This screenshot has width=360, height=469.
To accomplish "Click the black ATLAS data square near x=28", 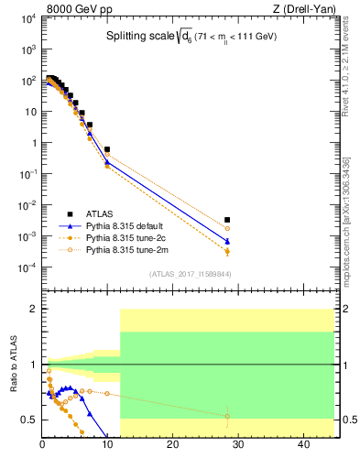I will (227, 220).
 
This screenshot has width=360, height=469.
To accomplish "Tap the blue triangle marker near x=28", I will (227, 242).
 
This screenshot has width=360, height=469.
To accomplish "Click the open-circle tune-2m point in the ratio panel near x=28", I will (227, 416).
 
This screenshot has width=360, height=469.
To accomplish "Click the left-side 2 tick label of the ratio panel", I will (32, 310).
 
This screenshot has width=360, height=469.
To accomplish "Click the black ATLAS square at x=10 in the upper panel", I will (107, 148).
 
